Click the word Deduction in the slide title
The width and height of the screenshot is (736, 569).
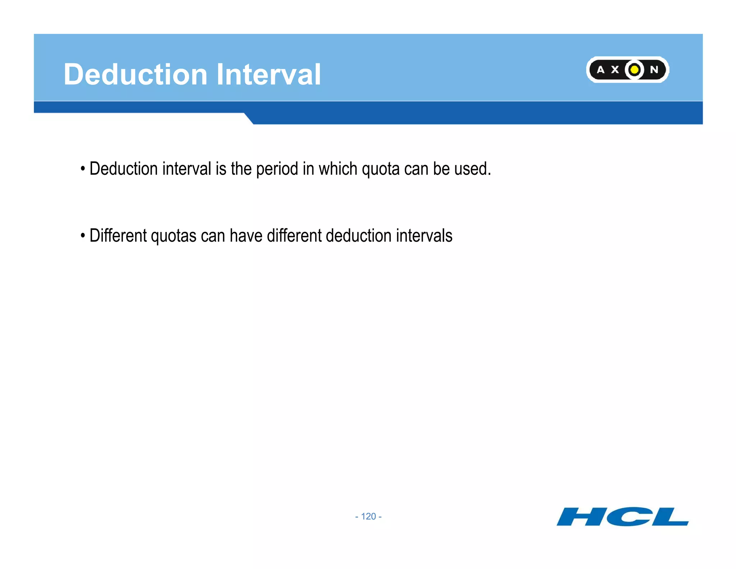pos(135,74)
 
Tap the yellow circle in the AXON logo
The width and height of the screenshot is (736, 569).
pos(635,69)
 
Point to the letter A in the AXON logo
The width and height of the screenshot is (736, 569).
pos(601,70)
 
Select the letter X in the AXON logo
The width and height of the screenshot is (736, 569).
pos(615,70)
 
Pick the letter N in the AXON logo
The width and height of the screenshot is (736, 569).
pos(654,70)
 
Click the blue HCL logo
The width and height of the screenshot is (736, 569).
pos(622,517)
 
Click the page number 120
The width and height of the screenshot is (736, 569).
pos(368,516)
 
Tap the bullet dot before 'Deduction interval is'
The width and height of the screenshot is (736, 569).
pos(83,168)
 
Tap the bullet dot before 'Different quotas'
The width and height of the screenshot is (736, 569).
pos(83,236)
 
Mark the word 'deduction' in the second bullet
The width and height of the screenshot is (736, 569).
pos(359,236)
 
